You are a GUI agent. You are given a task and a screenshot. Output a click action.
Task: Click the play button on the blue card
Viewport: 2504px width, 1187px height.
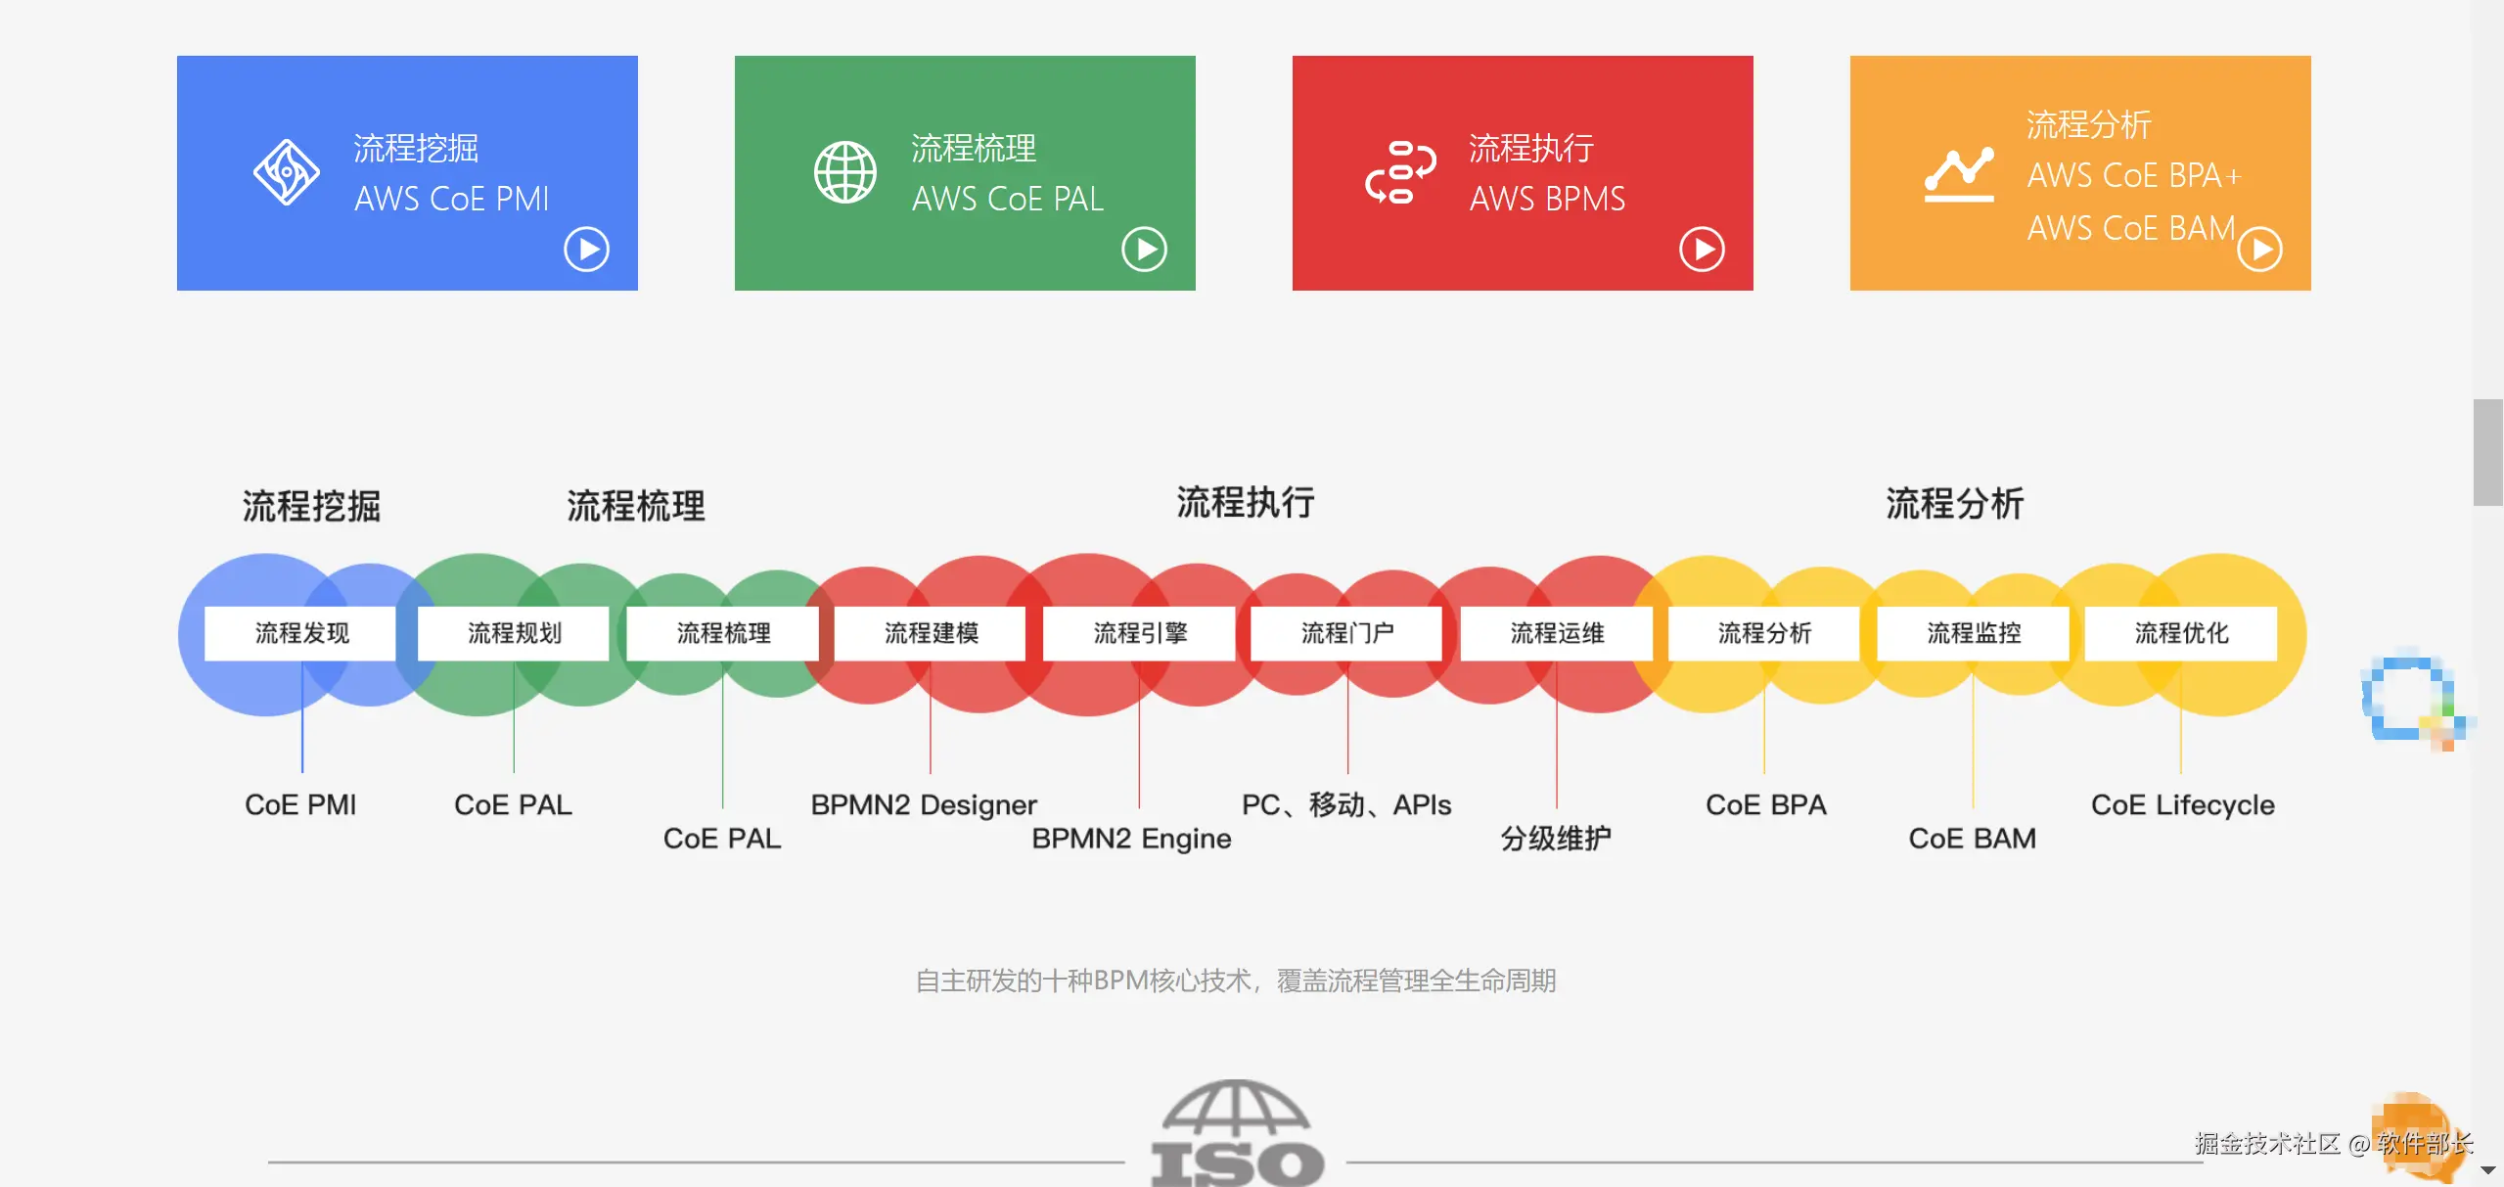click(x=586, y=250)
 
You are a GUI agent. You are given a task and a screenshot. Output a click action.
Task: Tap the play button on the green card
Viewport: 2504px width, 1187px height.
click(x=1144, y=250)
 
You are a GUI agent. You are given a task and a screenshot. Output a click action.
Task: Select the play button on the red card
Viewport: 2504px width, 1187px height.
click(x=1702, y=250)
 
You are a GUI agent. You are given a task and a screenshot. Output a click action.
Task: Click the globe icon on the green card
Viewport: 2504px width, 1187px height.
click(x=845, y=172)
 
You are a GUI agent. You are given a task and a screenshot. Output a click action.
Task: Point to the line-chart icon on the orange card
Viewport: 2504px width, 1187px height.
click(x=1958, y=174)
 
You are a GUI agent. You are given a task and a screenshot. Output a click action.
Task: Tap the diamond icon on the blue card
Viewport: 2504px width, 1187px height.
click(x=286, y=172)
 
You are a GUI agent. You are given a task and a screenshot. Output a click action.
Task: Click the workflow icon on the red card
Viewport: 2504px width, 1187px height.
click(x=1400, y=172)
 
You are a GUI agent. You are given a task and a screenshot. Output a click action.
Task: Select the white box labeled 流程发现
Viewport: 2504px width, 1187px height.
click(x=301, y=633)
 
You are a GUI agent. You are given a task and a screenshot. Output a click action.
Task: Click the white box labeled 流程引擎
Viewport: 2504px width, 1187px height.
click(x=1140, y=633)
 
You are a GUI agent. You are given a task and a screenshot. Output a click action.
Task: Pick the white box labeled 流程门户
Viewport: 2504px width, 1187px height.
click(x=1347, y=633)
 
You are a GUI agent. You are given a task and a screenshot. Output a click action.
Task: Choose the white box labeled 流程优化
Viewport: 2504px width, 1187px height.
click(x=2181, y=633)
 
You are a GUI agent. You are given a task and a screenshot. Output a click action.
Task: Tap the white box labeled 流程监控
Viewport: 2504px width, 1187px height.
click(x=1974, y=633)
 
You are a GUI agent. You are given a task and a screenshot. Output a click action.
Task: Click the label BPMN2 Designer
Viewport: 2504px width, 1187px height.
click(x=923, y=804)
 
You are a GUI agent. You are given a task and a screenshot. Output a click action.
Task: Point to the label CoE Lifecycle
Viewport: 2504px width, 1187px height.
click(x=2182, y=804)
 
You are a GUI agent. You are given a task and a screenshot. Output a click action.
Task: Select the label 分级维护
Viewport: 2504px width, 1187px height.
click(x=1556, y=839)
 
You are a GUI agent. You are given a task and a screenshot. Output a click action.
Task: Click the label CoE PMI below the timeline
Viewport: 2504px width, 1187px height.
click(x=300, y=804)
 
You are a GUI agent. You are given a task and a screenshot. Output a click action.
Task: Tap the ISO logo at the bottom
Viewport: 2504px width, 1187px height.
click(x=1237, y=1135)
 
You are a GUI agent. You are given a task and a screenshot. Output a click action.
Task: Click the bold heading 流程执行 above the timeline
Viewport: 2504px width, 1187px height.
click(x=1245, y=502)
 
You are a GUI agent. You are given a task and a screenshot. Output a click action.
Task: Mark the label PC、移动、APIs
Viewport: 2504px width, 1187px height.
click(x=1346, y=804)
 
